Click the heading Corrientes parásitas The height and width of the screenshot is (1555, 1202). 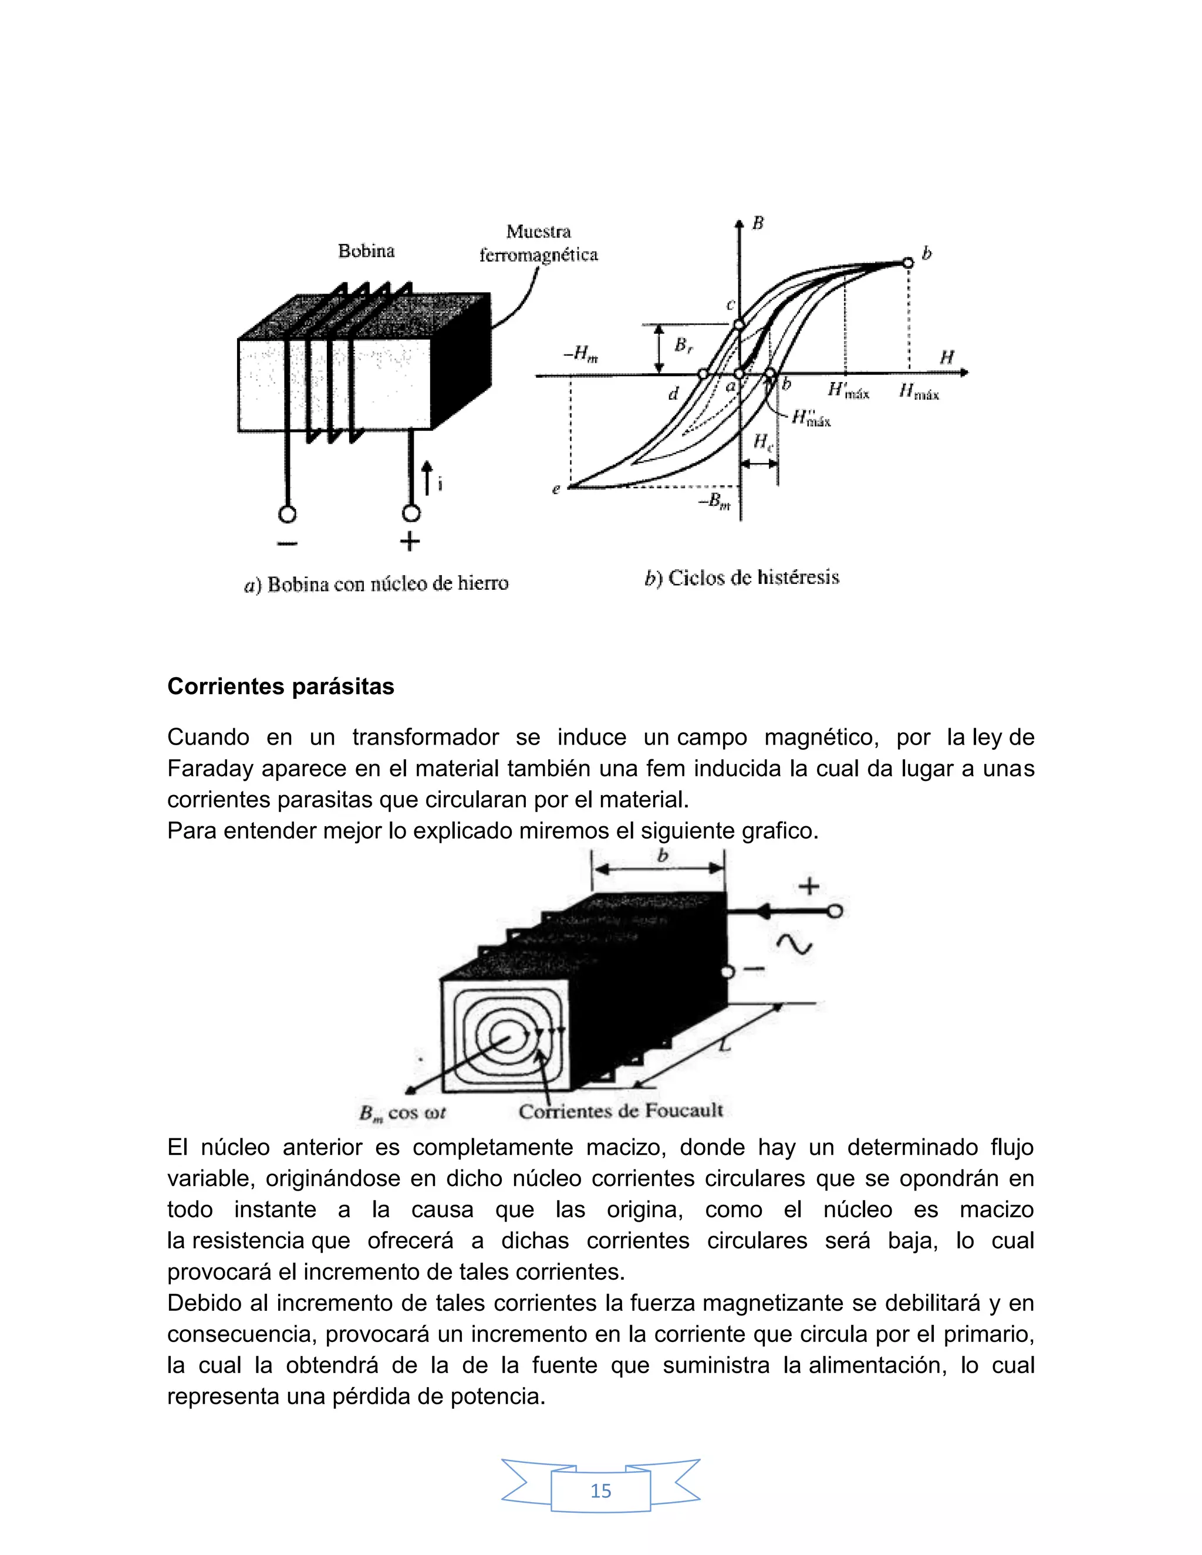(281, 687)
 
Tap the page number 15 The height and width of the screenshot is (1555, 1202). (600, 1490)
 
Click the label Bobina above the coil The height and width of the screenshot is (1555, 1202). (366, 251)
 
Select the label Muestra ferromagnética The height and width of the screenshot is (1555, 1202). (538, 244)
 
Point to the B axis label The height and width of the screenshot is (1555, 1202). (758, 224)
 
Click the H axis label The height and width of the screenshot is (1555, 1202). (946, 357)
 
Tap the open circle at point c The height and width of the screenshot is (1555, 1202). (738, 324)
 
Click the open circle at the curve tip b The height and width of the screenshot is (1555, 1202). (907, 263)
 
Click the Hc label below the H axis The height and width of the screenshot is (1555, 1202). (762, 443)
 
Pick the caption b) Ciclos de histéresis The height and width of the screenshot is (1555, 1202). (741, 577)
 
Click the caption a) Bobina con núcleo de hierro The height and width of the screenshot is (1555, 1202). (376, 584)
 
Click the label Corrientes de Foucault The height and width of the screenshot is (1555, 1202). (620, 1111)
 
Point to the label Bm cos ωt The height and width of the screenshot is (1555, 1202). (402, 1113)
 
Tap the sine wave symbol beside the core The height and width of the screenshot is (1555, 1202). (795, 945)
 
